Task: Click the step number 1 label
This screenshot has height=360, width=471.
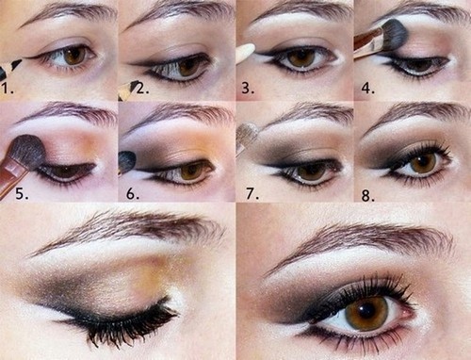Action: tap(8, 91)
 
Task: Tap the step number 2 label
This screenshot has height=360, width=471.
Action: tap(139, 91)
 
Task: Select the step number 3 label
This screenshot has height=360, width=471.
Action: tap(246, 91)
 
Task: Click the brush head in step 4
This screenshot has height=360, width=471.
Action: tap(391, 35)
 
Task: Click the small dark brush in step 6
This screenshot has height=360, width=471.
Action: tap(125, 162)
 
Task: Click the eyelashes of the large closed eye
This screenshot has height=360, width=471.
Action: tap(122, 325)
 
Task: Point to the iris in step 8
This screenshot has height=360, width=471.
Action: tap(421, 162)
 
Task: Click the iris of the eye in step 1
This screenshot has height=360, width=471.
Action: tap(74, 56)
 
